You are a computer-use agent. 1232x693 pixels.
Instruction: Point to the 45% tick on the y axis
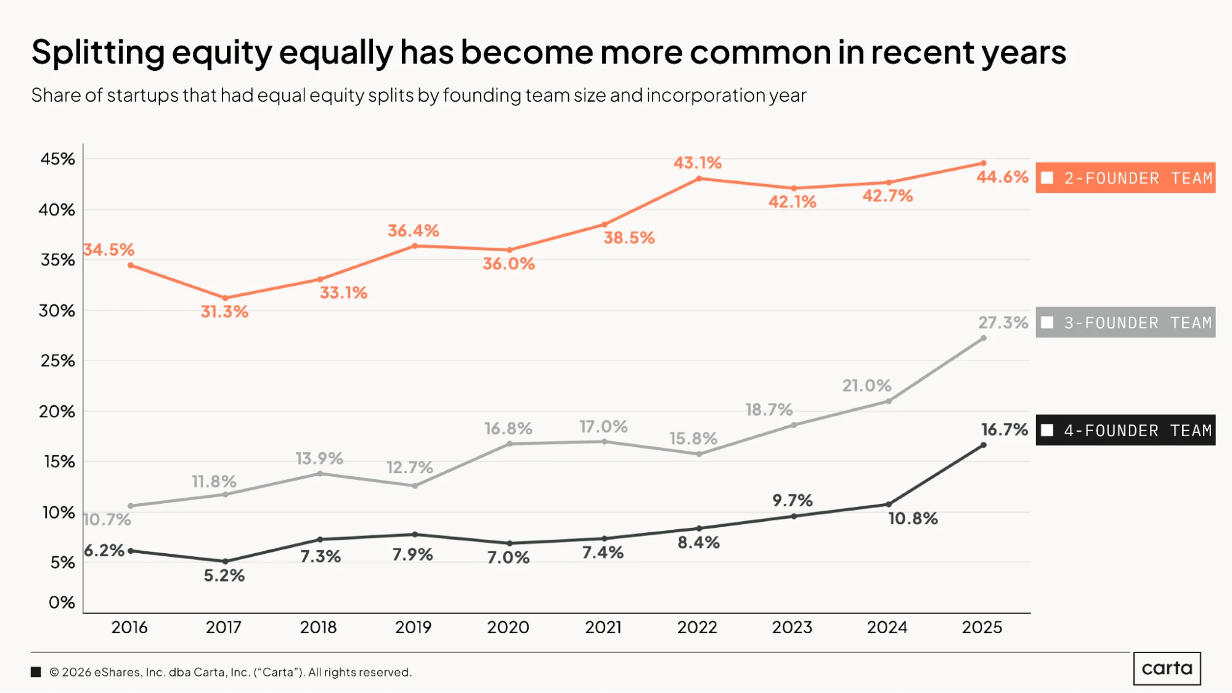pyautogui.click(x=58, y=159)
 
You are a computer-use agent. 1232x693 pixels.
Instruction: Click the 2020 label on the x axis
pyautogui.click(x=508, y=627)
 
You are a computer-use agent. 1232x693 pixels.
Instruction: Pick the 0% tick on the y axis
pyautogui.click(x=62, y=602)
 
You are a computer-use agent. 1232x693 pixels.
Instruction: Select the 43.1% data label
pyautogui.click(x=697, y=163)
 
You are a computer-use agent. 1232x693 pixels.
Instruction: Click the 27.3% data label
pyautogui.click(x=1003, y=322)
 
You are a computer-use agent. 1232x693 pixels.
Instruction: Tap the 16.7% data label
pyautogui.click(x=1005, y=429)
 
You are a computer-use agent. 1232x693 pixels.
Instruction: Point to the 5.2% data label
pyautogui.click(x=224, y=575)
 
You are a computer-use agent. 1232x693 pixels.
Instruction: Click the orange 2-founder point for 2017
pyautogui.click(x=225, y=298)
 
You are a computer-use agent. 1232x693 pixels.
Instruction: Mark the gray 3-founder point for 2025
pyautogui.click(x=983, y=338)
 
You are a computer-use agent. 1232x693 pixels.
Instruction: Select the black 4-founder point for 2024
pyautogui.click(x=889, y=505)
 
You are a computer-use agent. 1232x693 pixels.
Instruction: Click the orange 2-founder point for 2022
pyautogui.click(x=699, y=179)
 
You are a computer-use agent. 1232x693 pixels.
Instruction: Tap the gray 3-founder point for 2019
pyautogui.click(x=415, y=486)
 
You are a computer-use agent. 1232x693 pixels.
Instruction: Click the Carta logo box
pyautogui.click(x=1167, y=668)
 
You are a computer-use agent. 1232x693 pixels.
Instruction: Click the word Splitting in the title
pyautogui.click(x=98, y=53)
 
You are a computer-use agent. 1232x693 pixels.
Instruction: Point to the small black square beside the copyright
pyautogui.click(x=36, y=672)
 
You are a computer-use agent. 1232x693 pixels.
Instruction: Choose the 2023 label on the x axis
pyautogui.click(x=793, y=627)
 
